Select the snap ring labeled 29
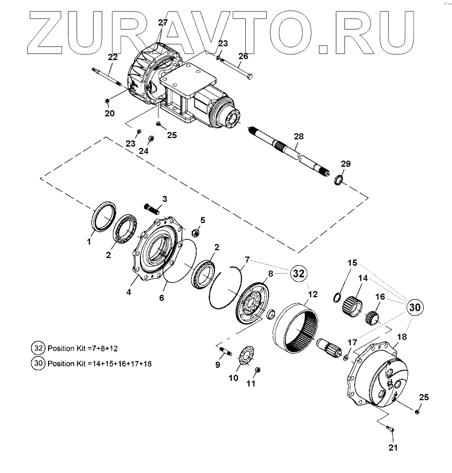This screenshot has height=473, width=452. click(338, 180)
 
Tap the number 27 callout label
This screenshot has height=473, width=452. click(162, 23)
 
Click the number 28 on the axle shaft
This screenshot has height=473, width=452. click(299, 137)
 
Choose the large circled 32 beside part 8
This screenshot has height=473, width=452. click(299, 274)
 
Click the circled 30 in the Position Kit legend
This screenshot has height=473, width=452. click(38, 363)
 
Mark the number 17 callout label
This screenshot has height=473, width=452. click(352, 343)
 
